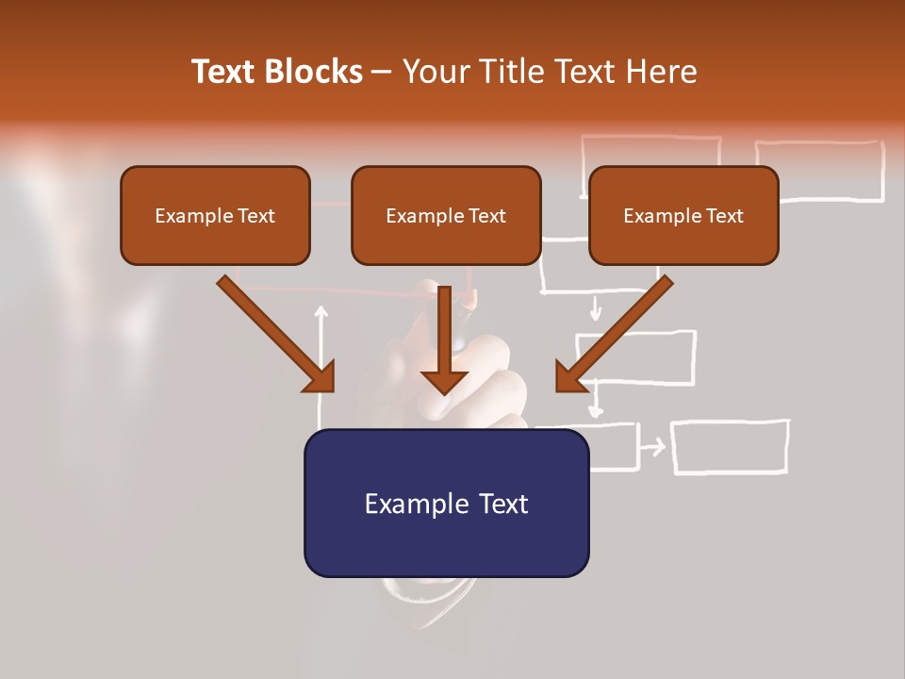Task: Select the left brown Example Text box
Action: (215, 215)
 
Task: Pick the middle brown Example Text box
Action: (446, 215)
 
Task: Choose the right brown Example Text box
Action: (683, 215)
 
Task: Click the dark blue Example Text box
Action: (446, 503)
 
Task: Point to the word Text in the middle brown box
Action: (486, 216)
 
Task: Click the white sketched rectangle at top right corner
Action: (819, 171)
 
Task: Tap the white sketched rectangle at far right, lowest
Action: (730, 446)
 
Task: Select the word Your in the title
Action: (433, 72)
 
